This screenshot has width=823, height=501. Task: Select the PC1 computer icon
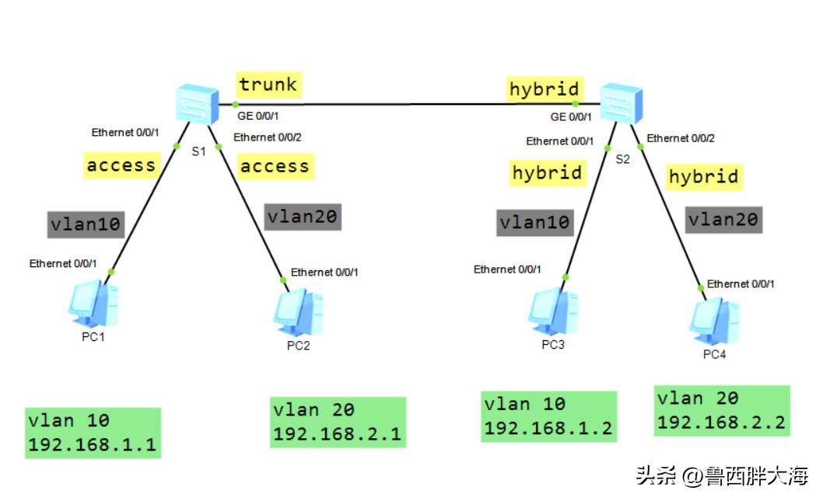93,306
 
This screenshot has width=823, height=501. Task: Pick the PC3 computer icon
553,311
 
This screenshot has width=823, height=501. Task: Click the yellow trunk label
268,85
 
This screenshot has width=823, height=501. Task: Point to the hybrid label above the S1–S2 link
545,89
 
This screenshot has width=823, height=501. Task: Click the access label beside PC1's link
121,165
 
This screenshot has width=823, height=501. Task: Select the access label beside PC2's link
274,166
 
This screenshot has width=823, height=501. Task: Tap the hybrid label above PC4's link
703,177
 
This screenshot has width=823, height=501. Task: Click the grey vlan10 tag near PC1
86,224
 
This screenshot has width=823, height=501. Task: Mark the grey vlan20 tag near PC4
723,220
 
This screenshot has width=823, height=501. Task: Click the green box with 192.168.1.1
93,433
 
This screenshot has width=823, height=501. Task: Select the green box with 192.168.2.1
338,422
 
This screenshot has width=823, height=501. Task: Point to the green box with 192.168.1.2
548,416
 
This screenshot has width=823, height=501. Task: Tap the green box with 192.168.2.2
722,411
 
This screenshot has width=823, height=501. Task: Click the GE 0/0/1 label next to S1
258,117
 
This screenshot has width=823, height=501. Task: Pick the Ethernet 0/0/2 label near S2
681,138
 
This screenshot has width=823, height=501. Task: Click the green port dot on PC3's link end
566,277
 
